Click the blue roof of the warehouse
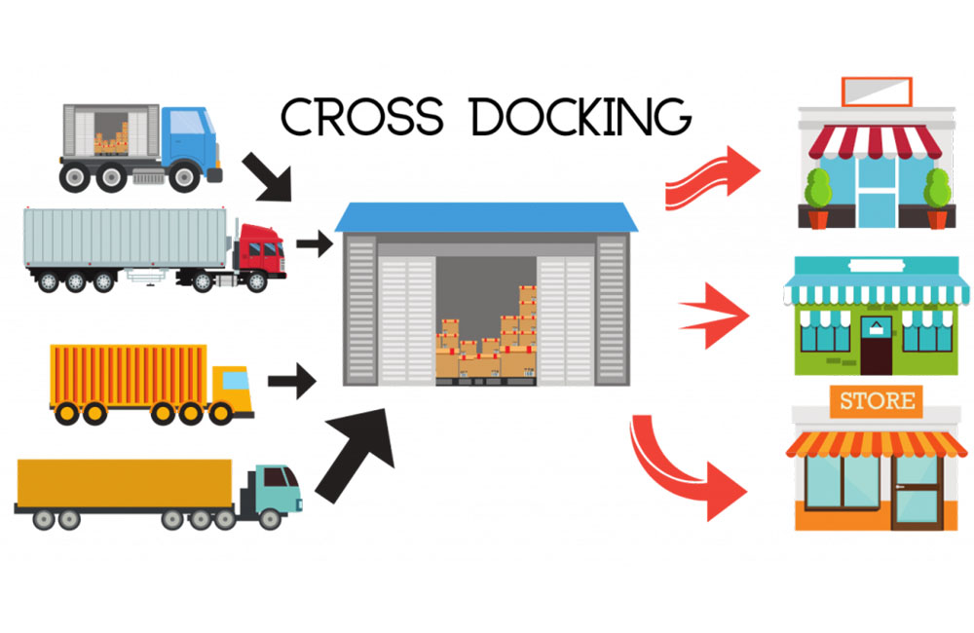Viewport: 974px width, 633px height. [x=487, y=217]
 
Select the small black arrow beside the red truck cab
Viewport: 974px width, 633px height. [x=313, y=243]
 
